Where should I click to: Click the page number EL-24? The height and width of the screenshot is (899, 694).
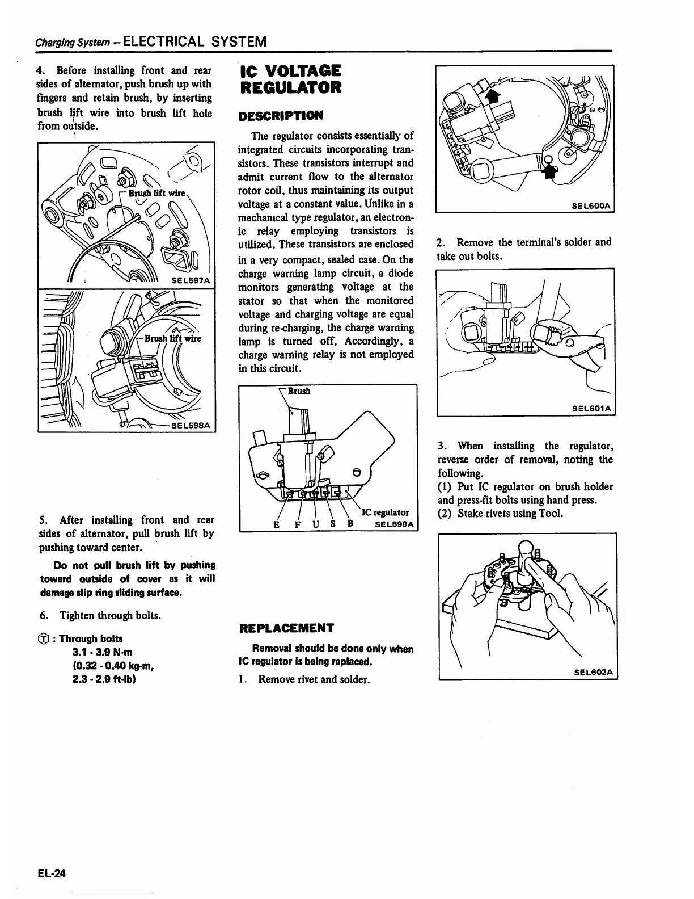coord(52,873)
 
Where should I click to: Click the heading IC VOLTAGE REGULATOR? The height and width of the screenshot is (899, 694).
coord(290,79)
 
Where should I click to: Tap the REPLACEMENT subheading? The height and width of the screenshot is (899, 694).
coord(286,628)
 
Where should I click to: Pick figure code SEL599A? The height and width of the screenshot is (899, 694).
coord(394,524)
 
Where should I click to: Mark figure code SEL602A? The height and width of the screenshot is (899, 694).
coord(593,672)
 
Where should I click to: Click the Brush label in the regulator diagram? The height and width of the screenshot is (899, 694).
coord(299,391)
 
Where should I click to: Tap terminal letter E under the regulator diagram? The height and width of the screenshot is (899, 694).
coord(276,524)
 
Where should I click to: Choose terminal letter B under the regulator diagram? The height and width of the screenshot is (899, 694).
coord(350,523)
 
